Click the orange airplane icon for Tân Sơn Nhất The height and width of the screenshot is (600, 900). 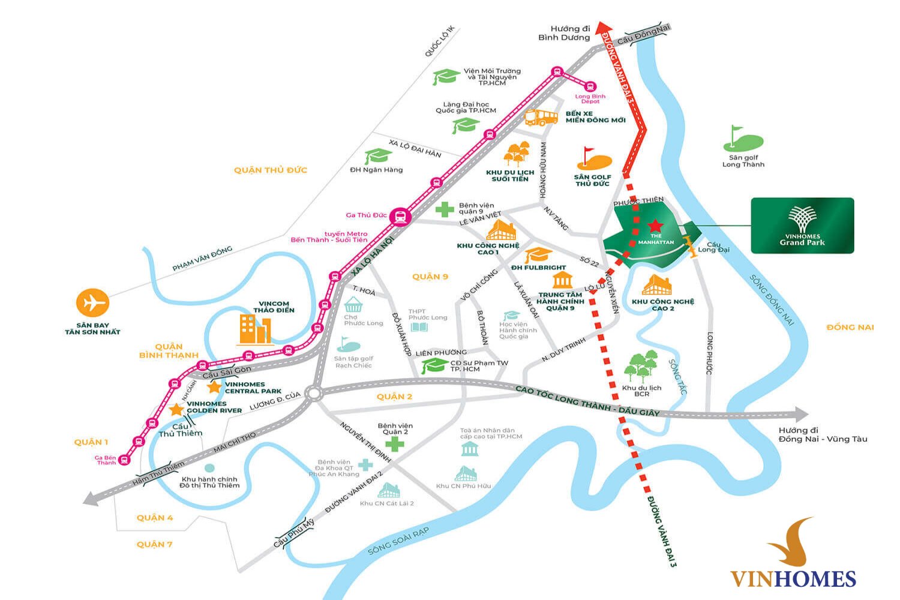[93, 302]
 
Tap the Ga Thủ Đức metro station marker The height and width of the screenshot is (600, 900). [400, 217]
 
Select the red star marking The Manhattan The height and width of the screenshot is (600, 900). [655, 226]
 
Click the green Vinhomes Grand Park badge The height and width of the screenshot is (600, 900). [802, 226]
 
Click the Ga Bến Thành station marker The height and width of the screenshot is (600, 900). [124, 460]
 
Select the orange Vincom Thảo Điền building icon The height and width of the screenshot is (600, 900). [255, 329]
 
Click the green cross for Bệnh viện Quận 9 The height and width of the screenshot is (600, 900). [444, 209]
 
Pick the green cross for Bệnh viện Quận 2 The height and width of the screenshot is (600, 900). [394, 445]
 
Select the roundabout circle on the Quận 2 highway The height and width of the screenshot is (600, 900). [313, 394]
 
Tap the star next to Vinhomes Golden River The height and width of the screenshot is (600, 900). [176, 410]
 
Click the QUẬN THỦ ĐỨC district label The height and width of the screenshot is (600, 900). [271, 170]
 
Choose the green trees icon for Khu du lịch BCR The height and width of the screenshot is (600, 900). [641, 367]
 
